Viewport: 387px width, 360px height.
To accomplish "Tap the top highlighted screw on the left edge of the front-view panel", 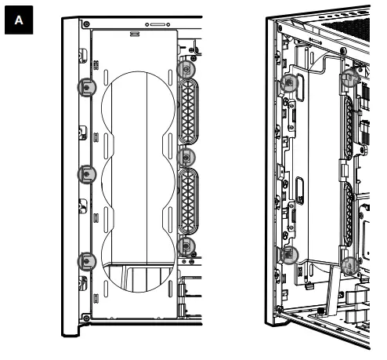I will pos(86,88).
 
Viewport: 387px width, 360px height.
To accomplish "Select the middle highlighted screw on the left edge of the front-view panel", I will pos(86,174).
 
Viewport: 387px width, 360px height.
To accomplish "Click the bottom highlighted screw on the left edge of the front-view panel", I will pos(86,260).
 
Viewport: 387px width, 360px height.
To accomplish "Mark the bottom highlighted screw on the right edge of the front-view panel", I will pos(186,245).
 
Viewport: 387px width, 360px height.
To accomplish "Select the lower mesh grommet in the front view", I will pos(187,202).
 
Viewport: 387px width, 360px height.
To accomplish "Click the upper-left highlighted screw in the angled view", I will pos(290,83).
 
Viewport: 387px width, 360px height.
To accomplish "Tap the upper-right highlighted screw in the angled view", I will pos(350,80).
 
